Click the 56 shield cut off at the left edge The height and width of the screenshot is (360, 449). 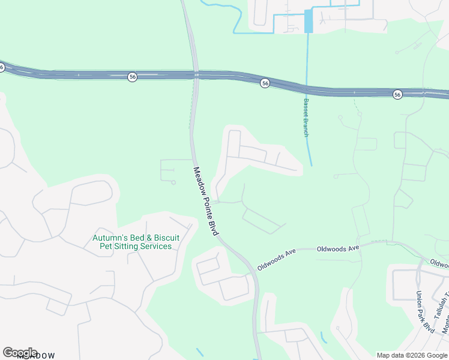click(x=2, y=67)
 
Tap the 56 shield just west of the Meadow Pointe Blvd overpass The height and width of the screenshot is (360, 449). click(x=132, y=77)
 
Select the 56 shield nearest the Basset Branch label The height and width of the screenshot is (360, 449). click(x=265, y=83)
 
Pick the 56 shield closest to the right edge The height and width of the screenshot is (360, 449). click(x=397, y=95)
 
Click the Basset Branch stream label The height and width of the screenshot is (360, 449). click(x=306, y=117)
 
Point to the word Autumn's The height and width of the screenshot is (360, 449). click(x=109, y=238)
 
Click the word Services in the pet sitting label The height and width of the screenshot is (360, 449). click(x=155, y=247)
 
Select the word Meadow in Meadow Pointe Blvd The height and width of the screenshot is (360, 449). click(x=198, y=178)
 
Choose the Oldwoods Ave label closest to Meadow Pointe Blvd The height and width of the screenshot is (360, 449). click(x=277, y=259)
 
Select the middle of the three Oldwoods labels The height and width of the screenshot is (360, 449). click(x=337, y=248)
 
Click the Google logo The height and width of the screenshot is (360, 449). click(x=20, y=352)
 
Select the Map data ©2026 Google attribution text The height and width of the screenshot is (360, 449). click(x=412, y=355)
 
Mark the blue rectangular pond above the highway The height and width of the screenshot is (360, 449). click(x=309, y=22)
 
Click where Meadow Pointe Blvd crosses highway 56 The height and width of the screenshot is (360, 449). click(x=196, y=75)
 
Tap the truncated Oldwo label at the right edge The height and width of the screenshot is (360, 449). click(x=439, y=263)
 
